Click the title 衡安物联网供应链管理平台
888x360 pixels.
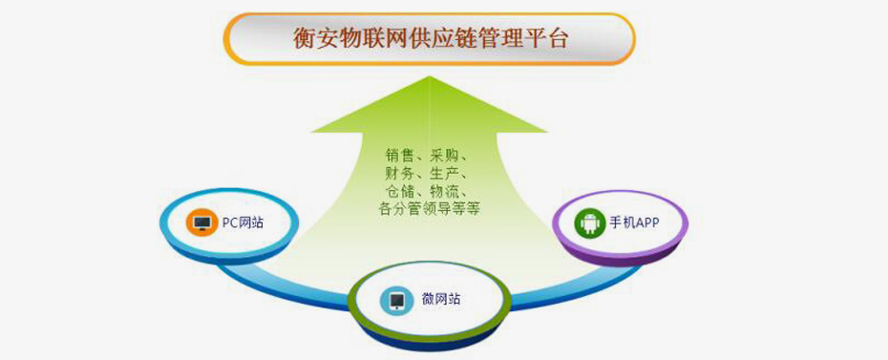(429, 39)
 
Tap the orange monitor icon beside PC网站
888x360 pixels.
(201, 222)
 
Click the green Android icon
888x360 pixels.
(587, 223)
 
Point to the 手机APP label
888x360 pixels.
(634, 223)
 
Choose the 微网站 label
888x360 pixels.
(440, 300)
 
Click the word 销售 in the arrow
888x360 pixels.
(399, 155)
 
